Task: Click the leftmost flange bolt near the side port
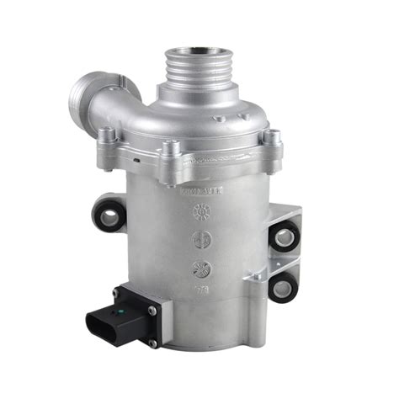point(107,135)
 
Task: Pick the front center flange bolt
point(172,151)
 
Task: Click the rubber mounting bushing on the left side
point(108,215)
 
